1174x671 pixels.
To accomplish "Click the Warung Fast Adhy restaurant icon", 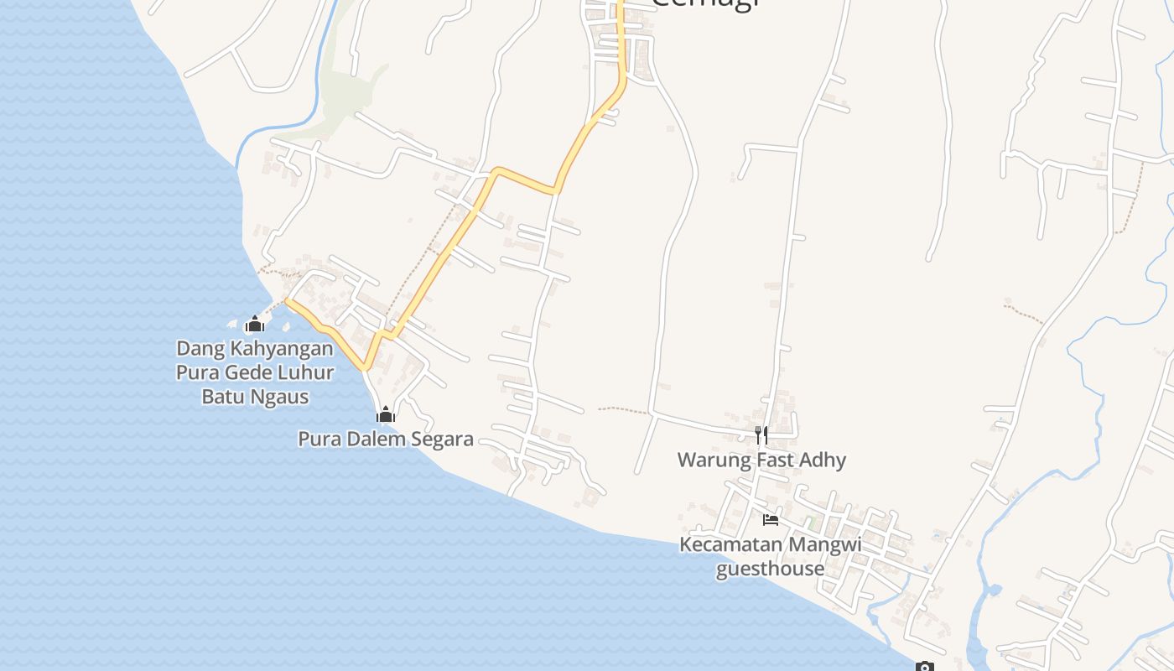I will (x=761, y=434).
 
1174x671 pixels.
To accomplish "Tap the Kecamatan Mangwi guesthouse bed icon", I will (x=771, y=520).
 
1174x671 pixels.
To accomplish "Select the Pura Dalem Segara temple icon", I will (x=386, y=414).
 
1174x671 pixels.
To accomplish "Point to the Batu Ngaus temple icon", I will (x=254, y=324).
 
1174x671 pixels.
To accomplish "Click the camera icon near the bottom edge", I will (x=924, y=667).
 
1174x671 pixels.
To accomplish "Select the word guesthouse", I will (x=770, y=569).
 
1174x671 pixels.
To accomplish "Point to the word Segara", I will (x=441, y=439).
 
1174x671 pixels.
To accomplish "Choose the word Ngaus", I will (x=280, y=397).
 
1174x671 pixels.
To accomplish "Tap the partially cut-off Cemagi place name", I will (x=705, y=3).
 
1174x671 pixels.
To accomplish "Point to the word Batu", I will (x=224, y=397).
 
